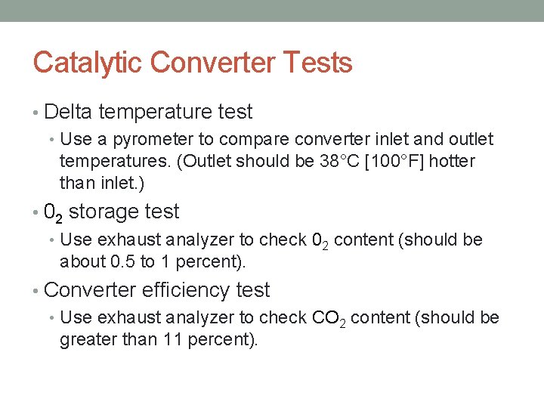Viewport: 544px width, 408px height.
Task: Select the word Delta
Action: (68, 113)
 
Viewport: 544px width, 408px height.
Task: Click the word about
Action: (79, 262)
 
